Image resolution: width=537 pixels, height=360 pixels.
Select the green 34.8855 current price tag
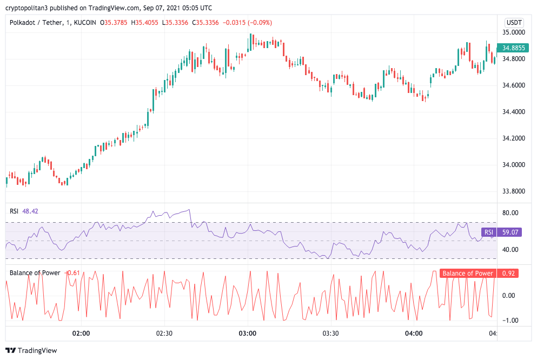pyautogui.click(x=513, y=48)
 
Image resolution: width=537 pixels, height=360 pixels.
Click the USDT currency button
pyautogui.click(x=513, y=23)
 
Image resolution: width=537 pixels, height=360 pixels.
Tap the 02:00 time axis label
pyautogui.click(x=81, y=334)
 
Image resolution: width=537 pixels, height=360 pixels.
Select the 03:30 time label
pyautogui.click(x=330, y=334)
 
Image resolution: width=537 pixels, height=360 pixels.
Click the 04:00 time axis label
pyautogui.click(x=414, y=334)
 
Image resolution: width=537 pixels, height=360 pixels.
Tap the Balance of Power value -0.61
pyautogui.click(x=72, y=272)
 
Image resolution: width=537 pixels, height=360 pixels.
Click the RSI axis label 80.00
pyautogui.click(x=511, y=213)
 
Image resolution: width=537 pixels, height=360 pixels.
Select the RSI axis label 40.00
pyautogui.click(x=511, y=250)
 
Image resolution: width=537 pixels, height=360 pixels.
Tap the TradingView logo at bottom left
pyautogui.click(x=31, y=350)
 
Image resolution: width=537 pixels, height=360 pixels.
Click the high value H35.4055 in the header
pyautogui.click(x=147, y=23)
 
